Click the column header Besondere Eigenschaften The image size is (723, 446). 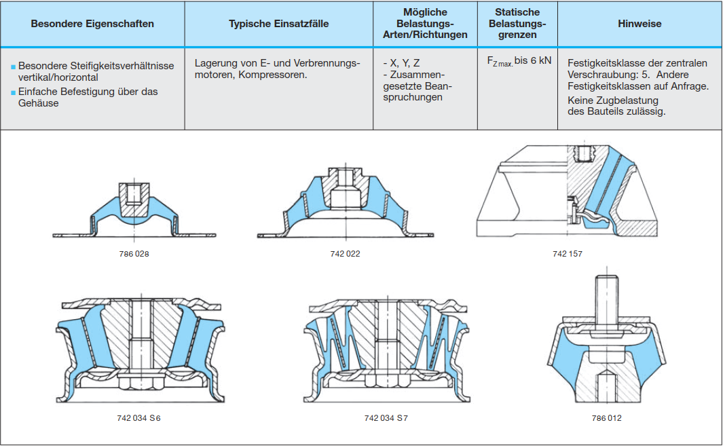point(92,24)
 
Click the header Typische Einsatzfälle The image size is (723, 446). point(278,24)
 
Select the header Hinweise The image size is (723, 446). point(639,24)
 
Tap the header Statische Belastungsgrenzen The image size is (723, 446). point(517,24)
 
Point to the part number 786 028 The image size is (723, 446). point(134,254)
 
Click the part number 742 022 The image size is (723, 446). point(346,254)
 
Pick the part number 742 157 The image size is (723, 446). point(568,254)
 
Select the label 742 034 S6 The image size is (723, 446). point(138,418)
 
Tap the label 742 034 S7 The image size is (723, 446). point(386,418)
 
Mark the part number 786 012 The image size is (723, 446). point(606,418)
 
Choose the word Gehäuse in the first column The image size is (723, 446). point(39,103)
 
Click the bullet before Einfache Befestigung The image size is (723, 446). point(13,92)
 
